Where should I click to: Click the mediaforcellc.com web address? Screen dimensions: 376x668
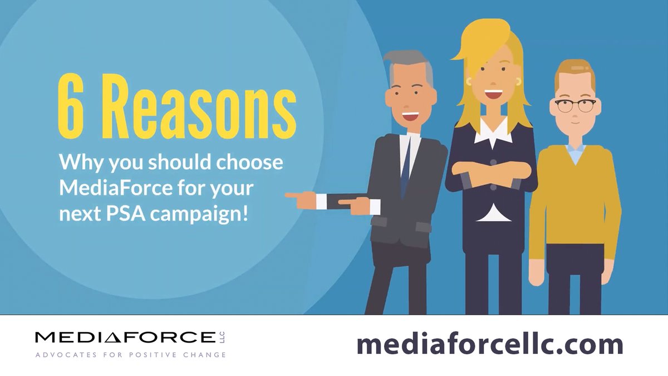click(x=489, y=345)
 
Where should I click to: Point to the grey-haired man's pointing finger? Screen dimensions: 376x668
click(x=292, y=196)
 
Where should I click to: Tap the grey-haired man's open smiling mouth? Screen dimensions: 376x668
click(x=410, y=117)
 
